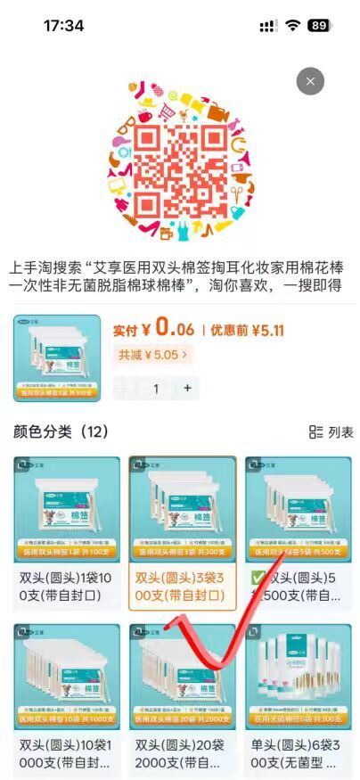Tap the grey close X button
[x=310, y=81]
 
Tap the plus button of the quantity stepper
[x=187, y=388]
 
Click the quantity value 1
[x=156, y=388]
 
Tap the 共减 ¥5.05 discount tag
[x=152, y=355]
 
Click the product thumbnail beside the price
[x=57, y=357]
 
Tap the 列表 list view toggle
[x=331, y=432]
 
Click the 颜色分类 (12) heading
[x=61, y=431]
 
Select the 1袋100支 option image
[x=67, y=509]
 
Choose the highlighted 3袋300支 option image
[x=183, y=509]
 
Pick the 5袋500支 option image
[x=299, y=509]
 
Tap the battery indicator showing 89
[x=319, y=26]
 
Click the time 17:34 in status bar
[x=63, y=26]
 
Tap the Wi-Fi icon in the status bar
[x=292, y=26]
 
